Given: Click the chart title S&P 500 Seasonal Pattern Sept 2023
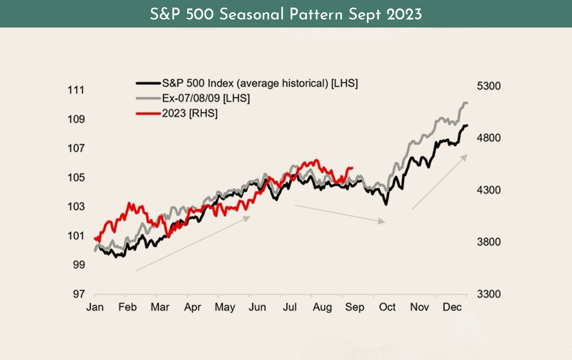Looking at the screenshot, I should coord(286,14).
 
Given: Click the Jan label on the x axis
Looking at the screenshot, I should coord(94,307).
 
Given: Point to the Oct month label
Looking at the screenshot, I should coord(387,307).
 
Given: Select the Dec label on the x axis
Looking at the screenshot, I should coord(452,307).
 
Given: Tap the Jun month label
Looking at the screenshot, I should coord(257,307).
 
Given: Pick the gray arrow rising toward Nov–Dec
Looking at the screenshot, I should coord(440,182).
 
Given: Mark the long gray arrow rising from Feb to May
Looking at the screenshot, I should coord(193,244).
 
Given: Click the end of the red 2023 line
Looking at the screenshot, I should coord(353,168).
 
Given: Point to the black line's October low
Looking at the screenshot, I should coord(386,205).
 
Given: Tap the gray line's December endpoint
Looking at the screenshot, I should coord(466,103).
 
